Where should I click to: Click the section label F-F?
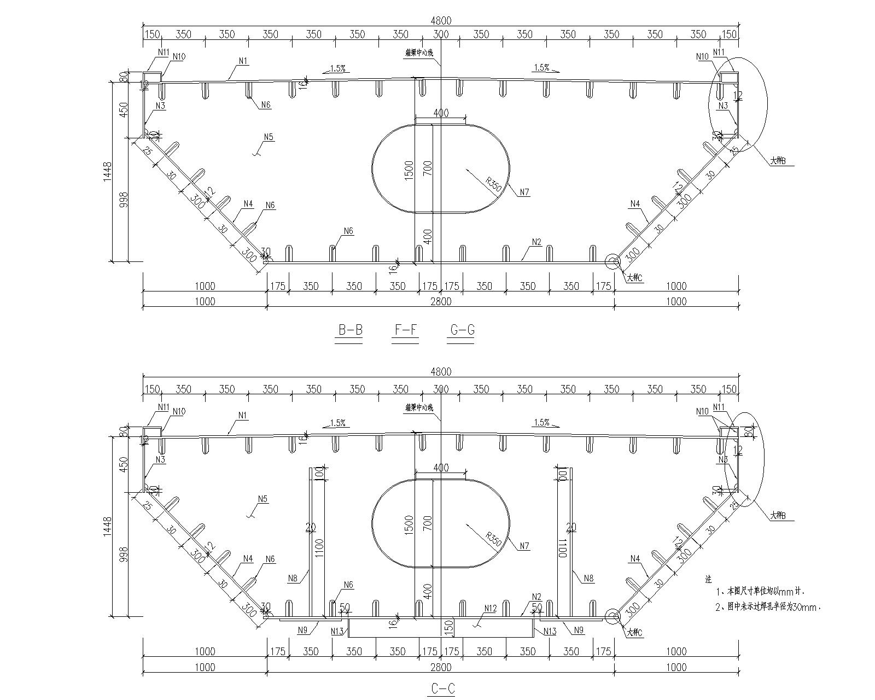click(406, 330)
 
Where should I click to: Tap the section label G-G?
click(462, 330)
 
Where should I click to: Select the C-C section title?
click(441, 689)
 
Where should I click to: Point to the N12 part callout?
click(490, 608)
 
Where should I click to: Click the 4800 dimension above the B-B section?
click(441, 20)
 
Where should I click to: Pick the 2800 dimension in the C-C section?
click(441, 667)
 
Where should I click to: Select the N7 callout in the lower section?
click(524, 546)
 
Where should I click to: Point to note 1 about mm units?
click(760, 591)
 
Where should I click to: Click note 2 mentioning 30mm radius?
click(768, 606)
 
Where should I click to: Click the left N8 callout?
click(293, 577)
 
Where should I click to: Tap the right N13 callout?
click(550, 632)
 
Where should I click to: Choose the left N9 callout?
click(303, 630)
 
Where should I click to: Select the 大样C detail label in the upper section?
click(634, 278)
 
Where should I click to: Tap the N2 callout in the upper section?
click(536, 242)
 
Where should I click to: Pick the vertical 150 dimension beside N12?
click(448, 627)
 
